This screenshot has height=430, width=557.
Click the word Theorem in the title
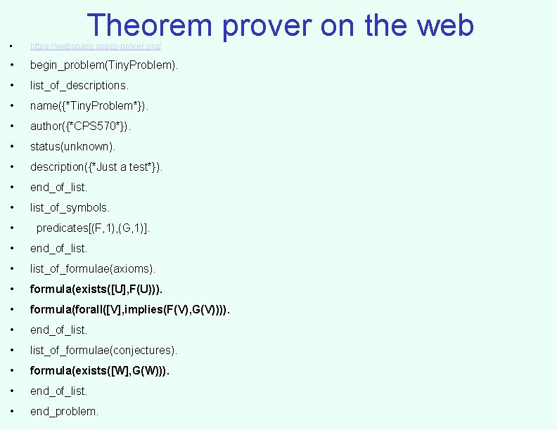[x=150, y=25]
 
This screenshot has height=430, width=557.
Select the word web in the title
[x=444, y=25]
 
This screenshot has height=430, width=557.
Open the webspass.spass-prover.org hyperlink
[x=96, y=46]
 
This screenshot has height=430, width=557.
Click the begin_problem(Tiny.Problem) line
[x=103, y=65]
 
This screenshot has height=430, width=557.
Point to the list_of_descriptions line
[x=79, y=86]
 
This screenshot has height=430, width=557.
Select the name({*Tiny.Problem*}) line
[x=89, y=106]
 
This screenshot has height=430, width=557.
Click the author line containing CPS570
[x=80, y=126]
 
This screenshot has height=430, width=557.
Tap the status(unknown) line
[x=72, y=147]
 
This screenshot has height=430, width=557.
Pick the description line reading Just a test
[x=96, y=167]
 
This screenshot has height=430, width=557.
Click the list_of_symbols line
[x=70, y=208]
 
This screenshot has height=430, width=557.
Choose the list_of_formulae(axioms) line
[x=93, y=269]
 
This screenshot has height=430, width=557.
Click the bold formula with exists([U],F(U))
[x=98, y=289]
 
